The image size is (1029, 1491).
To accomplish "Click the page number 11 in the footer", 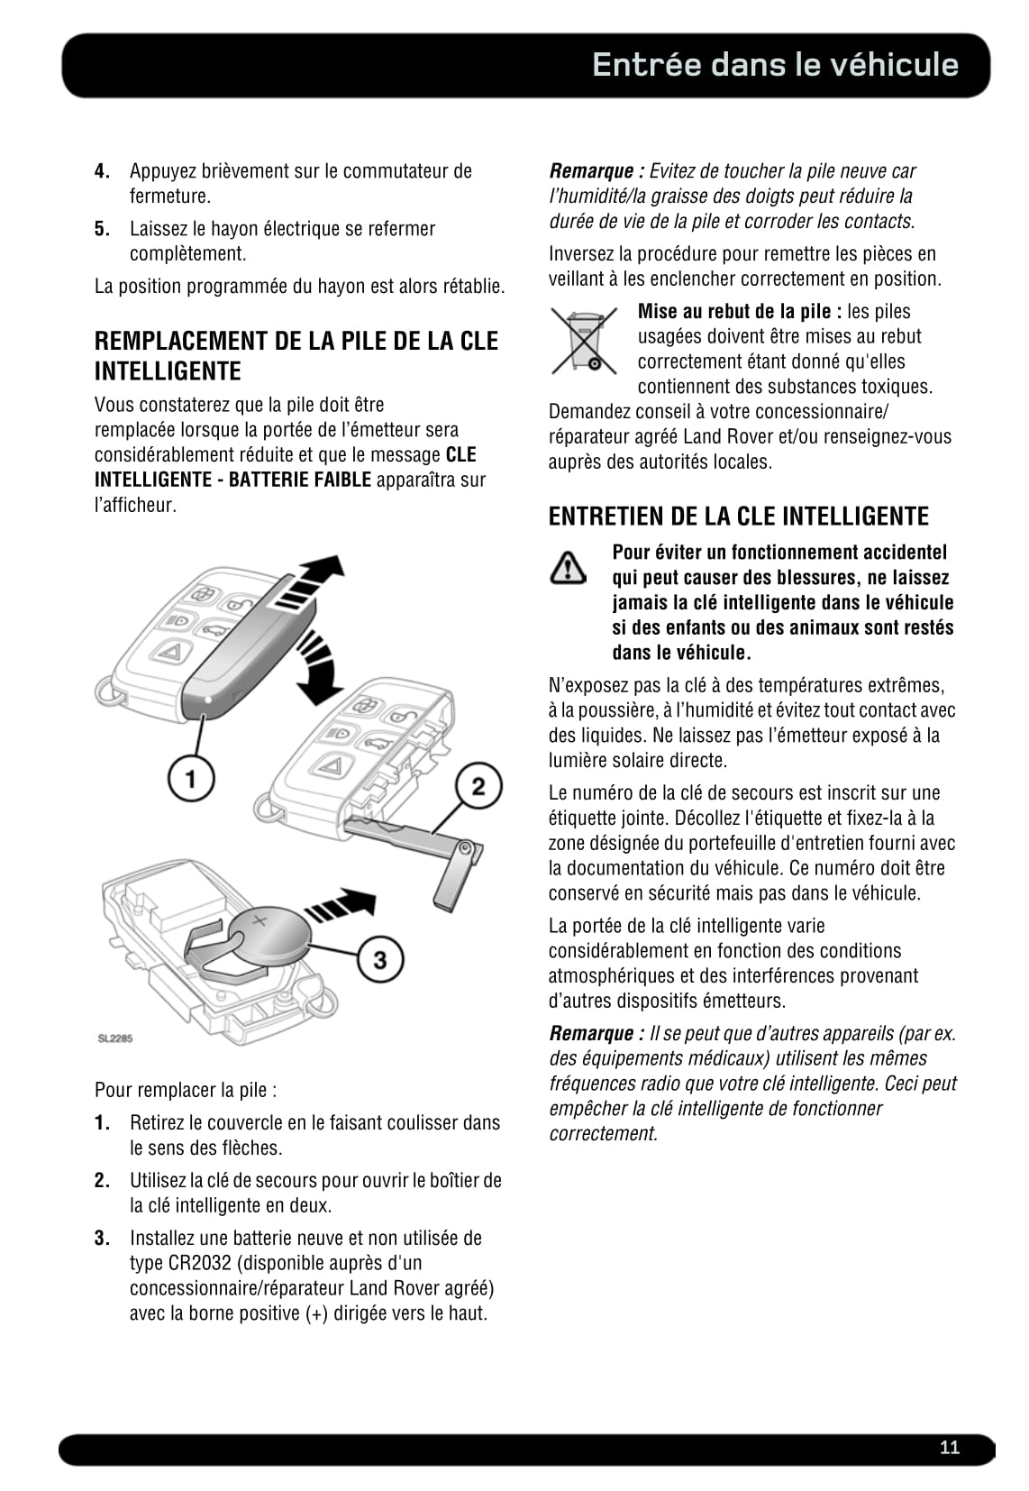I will (949, 1448).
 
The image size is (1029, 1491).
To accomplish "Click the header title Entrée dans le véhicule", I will (775, 65).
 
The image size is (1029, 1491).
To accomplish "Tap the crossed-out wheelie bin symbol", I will (583, 341).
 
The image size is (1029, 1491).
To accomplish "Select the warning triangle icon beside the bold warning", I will (568, 567).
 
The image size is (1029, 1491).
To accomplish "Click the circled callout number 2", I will (478, 786).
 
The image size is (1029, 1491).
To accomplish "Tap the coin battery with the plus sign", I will (268, 936).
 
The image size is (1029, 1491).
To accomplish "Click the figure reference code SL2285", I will (115, 1038).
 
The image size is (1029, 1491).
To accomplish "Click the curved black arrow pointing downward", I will (318, 667).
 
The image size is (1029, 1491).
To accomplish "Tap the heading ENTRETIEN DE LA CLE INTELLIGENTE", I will (738, 517).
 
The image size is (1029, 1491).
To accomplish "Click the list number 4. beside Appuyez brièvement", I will (103, 171).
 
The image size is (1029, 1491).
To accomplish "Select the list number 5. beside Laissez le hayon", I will (103, 229).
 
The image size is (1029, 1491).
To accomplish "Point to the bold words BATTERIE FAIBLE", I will (299, 480).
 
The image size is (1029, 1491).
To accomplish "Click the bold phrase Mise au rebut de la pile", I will (739, 312).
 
